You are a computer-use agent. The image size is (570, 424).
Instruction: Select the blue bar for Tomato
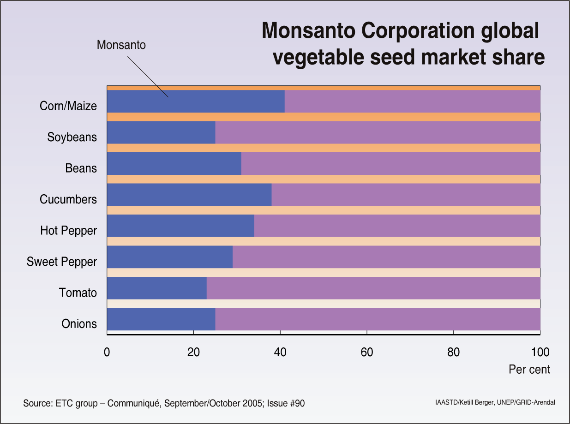[156, 288]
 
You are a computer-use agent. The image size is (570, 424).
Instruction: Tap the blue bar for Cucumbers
[189, 195]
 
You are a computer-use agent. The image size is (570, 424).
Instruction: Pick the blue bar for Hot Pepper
[180, 226]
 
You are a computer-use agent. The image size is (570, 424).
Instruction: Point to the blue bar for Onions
[161, 319]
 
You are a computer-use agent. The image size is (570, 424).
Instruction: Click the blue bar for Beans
[174, 163]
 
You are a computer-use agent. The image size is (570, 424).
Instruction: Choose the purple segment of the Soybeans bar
[378, 132]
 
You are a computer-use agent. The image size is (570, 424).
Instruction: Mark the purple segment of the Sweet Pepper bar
[386, 257]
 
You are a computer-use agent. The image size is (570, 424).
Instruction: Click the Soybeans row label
[72, 137]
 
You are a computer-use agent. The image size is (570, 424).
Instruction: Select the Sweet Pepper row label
[62, 262]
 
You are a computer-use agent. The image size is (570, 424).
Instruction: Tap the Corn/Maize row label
[68, 106]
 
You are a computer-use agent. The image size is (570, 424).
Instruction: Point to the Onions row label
[79, 324]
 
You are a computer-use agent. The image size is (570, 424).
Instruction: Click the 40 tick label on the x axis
[280, 352]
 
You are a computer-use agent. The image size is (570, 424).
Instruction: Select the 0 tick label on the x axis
[107, 352]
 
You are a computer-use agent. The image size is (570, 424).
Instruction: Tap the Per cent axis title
[529, 370]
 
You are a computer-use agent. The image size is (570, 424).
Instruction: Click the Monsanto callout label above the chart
[121, 45]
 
